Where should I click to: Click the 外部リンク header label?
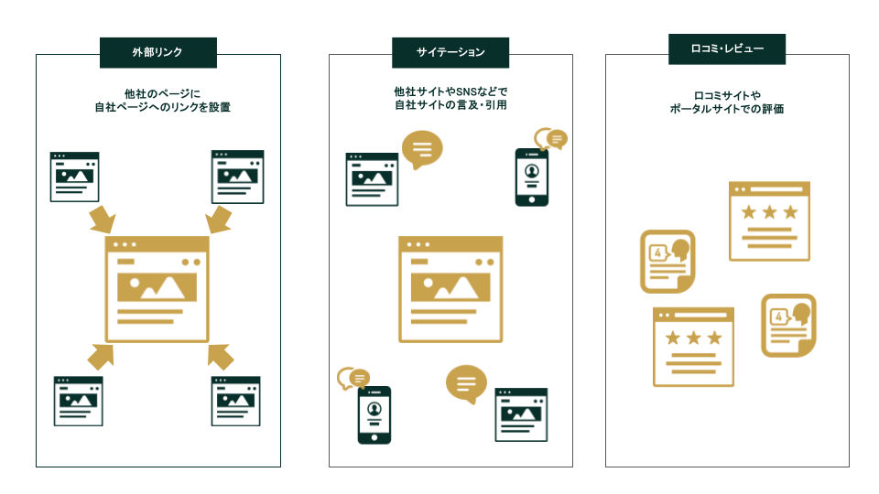pyautogui.click(x=157, y=52)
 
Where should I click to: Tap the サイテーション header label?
pyautogui.click(x=450, y=52)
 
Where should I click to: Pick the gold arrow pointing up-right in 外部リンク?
pyautogui.click(x=101, y=355)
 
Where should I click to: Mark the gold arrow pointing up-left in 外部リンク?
pyautogui.click(x=220, y=356)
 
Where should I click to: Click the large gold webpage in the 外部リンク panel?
pyautogui.click(x=157, y=289)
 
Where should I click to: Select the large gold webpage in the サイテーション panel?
pyautogui.click(x=450, y=289)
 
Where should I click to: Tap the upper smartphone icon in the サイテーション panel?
pyautogui.click(x=531, y=177)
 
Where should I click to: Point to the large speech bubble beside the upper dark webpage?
pyautogui.click(x=422, y=149)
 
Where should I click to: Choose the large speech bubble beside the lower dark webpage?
pyautogui.click(x=466, y=383)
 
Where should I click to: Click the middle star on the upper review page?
pyautogui.click(x=769, y=212)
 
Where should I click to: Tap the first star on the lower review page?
pyautogui.click(x=673, y=338)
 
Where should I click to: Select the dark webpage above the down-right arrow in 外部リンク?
pyautogui.click(x=74, y=177)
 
